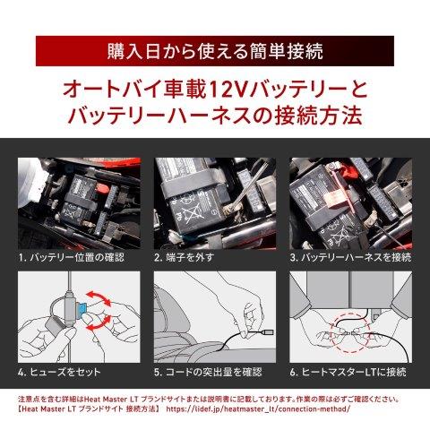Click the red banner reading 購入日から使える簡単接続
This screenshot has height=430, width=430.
click(x=215, y=47)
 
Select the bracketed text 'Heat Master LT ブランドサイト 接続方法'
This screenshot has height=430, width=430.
click(x=88, y=408)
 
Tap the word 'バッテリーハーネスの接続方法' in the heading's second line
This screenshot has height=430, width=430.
click(x=215, y=116)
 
